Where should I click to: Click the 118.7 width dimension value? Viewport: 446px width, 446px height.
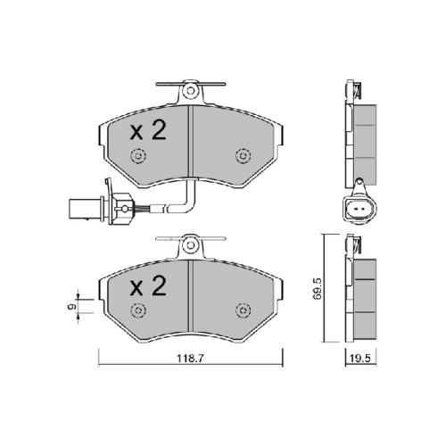coord(190,358)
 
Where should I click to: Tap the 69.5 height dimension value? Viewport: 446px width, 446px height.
coord(318,288)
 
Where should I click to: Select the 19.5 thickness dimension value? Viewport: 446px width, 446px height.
coord(360,359)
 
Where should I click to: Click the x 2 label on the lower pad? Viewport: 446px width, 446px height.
coord(148,285)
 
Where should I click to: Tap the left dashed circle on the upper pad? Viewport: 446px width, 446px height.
coord(138,155)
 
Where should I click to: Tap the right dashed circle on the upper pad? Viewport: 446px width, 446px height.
coord(243,155)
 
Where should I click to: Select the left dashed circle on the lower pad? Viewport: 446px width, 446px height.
coord(138,310)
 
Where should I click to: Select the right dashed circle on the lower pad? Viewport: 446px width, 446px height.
coord(243,310)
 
